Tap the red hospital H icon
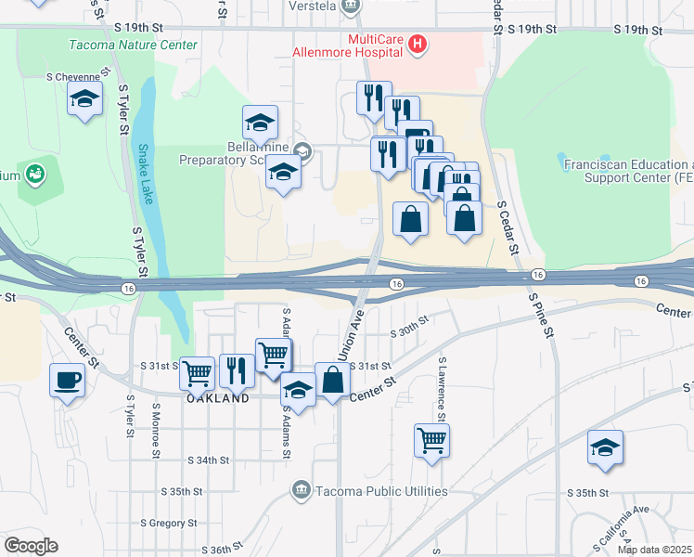418,43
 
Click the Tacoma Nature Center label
133,45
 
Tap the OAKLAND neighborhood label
218,397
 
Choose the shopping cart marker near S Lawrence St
432,440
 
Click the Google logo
31,546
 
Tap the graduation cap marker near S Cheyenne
84,99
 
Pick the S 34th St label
208,460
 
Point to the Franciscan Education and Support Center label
628,169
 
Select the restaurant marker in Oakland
237,370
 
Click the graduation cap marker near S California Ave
605,449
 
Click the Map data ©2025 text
654,550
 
